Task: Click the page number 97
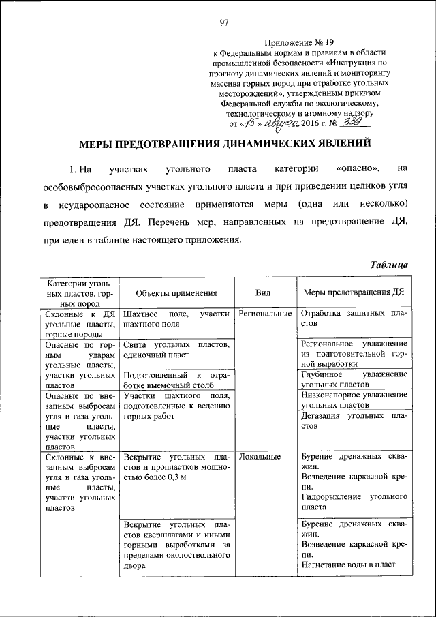[223, 22]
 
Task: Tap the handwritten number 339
[355, 123]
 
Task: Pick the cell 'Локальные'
[260, 457]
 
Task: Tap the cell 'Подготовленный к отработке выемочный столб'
[176, 380]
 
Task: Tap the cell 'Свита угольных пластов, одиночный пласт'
[176, 350]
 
